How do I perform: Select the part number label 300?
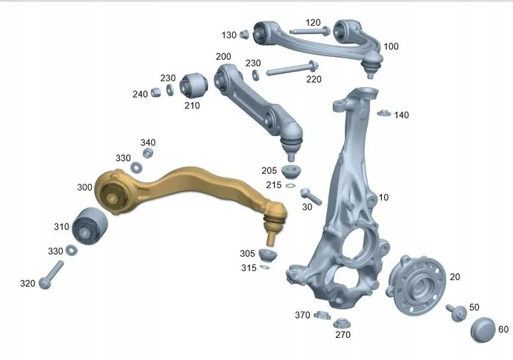point(84,187)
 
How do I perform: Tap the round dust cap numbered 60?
point(483,329)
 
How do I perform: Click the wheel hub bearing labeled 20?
point(415,285)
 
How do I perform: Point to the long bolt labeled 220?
point(292,68)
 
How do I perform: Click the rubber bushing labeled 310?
point(89,226)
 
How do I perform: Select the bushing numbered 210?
point(193,86)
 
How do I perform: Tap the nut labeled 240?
point(156,92)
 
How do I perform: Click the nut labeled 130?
point(244,34)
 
